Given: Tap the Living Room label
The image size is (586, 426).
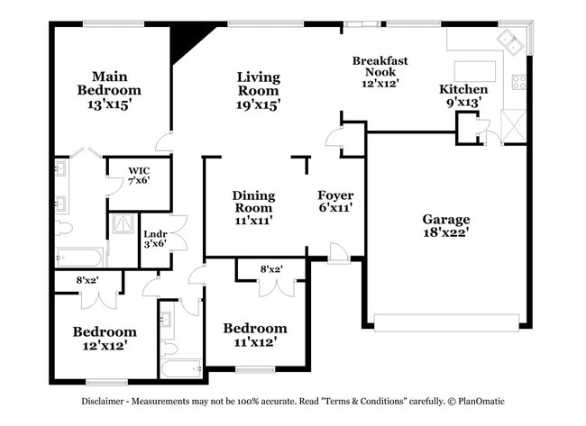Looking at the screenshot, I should pos(258,90).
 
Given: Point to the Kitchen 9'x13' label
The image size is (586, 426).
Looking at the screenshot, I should pos(463,96).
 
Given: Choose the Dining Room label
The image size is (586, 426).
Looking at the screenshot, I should pos(253,207).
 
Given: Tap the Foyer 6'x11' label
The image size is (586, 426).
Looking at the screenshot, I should pos(335,202).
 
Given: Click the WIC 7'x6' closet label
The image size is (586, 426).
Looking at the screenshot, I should pos(138,175).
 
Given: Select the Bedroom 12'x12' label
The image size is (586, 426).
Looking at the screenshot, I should pos(105,338).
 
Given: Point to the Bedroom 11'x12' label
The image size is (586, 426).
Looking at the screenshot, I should pos(255,334).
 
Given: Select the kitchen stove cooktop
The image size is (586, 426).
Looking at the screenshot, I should pos(519,82).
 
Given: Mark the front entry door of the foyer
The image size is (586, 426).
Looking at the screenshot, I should pos(337,254).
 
